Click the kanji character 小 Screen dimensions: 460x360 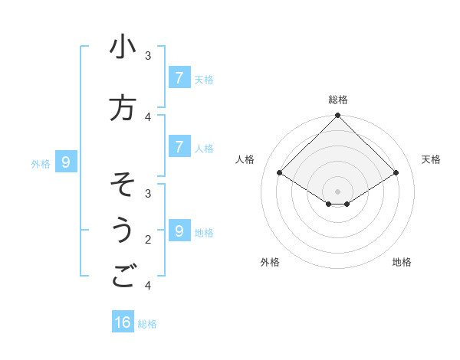[123, 47]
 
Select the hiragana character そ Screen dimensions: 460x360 [123, 185]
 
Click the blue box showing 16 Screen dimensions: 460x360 [123, 322]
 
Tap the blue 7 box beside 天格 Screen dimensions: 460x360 [179, 77]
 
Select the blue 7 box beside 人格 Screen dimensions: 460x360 [179, 146]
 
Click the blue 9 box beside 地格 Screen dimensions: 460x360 [179, 231]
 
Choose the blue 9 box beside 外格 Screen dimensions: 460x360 [66, 162]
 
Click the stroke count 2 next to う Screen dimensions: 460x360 [148, 240]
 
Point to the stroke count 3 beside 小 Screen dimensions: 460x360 [148, 56]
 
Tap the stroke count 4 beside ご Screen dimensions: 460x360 [148, 286]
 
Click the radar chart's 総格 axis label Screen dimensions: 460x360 [338, 100]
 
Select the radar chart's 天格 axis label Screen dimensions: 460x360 [432, 159]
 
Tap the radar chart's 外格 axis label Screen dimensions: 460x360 [270, 262]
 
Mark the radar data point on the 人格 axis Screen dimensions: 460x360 [280, 174]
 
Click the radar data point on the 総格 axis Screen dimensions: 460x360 [338, 116]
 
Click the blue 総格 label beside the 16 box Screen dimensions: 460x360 [147, 324]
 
